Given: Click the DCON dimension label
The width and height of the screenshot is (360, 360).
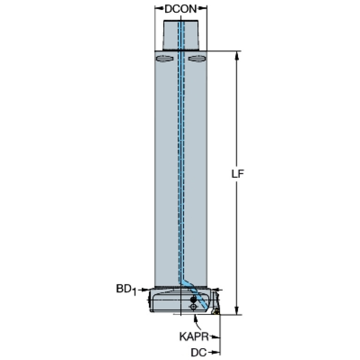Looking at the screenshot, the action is click(181, 9).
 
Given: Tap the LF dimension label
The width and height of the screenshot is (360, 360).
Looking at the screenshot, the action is click(237, 174).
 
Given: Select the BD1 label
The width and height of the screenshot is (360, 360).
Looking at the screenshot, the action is click(126, 290).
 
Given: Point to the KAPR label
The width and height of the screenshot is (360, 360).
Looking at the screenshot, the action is click(194, 337).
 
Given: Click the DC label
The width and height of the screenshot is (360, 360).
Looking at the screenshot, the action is click(199, 352).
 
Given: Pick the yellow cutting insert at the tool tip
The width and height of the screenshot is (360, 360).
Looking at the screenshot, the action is click(215, 311).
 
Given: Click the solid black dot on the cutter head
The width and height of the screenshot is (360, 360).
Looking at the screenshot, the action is click(193, 299).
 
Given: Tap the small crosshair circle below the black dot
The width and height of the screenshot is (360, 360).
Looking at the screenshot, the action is click(193, 307).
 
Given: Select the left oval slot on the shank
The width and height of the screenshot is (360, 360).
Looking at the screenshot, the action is click(165, 58).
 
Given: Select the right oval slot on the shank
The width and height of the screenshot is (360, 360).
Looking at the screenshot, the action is click(197, 58).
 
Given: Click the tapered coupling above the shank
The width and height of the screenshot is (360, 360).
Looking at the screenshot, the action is click(181, 35).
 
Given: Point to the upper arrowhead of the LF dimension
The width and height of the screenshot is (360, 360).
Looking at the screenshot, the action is click(237, 55).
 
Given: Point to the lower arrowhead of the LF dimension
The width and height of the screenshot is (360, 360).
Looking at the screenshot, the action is click(237, 310).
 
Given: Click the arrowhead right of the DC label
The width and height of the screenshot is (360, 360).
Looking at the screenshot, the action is click(215, 352).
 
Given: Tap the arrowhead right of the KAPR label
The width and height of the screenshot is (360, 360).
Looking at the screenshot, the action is click(215, 337).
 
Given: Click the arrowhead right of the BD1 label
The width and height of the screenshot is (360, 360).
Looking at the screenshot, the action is click(145, 290).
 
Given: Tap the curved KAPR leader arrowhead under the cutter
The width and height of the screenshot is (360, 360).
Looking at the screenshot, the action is click(195, 318).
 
